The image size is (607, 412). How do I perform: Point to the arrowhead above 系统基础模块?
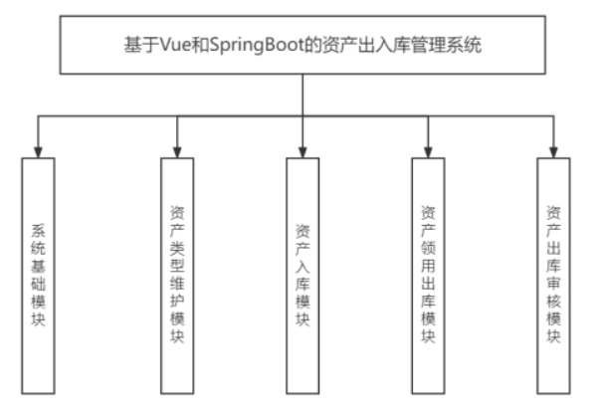(x=38, y=150)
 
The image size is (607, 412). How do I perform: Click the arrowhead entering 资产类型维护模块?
(x=177, y=150)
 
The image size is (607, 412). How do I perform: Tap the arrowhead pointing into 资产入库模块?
(x=303, y=150)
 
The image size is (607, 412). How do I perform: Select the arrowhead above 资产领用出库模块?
(x=428, y=150)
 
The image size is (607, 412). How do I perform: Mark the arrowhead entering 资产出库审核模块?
(x=553, y=150)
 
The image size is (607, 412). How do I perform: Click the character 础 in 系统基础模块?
(x=38, y=287)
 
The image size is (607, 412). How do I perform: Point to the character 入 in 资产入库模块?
(x=303, y=266)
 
